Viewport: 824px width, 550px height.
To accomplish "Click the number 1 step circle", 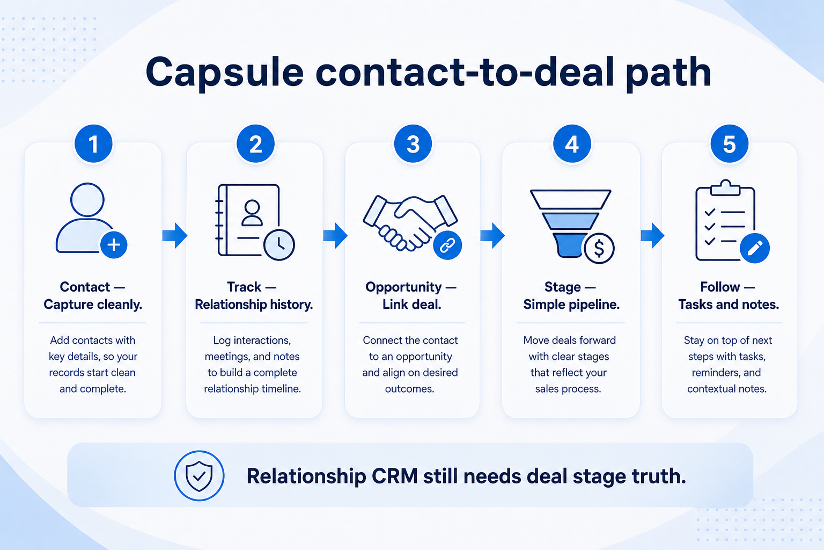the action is click(x=93, y=143).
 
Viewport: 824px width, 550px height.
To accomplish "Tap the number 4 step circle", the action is click(x=572, y=143).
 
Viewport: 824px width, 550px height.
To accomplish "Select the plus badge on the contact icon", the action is click(x=114, y=245).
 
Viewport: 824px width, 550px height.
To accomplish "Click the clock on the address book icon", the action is click(x=279, y=245).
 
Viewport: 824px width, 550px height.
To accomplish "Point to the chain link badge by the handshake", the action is click(x=447, y=245).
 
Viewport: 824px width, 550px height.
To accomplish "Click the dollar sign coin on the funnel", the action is click(x=599, y=248).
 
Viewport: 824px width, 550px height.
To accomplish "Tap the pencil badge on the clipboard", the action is click(x=755, y=248).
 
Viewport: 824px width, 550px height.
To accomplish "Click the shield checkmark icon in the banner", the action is click(x=199, y=475).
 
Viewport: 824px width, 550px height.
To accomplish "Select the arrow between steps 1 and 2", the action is click(x=175, y=235).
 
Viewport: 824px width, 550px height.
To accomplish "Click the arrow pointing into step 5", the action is click(x=652, y=235).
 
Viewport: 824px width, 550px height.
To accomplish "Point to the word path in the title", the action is click(x=668, y=73).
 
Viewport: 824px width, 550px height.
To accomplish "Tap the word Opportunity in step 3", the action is click(x=403, y=287).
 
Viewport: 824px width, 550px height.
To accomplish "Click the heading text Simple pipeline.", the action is click(x=571, y=305).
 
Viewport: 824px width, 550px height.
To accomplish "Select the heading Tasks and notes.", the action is click(x=729, y=305).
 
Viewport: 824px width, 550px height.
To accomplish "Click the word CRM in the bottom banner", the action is click(x=394, y=476).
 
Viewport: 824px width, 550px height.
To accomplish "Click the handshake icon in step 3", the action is click(x=410, y=223).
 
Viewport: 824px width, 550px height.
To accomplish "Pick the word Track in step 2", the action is click(x=244, y=287).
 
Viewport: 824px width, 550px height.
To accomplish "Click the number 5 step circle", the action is click(x=729, y=143).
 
